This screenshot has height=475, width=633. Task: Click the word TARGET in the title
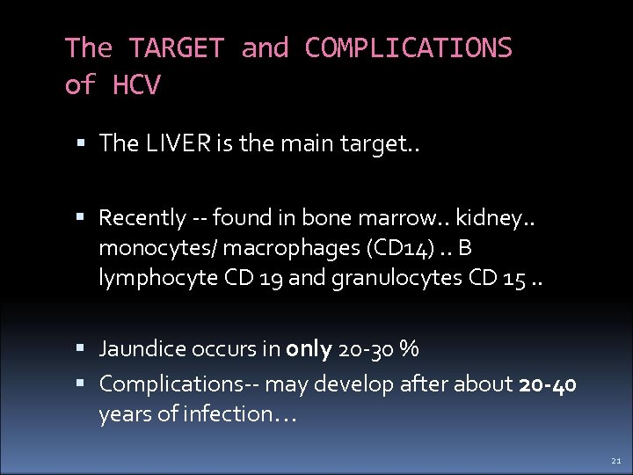coord(176,47)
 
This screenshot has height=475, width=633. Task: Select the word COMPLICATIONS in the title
coord(408,47)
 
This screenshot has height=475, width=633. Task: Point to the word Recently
coord(142,216)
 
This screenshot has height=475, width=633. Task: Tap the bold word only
coord(309,348)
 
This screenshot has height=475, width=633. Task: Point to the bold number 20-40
coord(549,384)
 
